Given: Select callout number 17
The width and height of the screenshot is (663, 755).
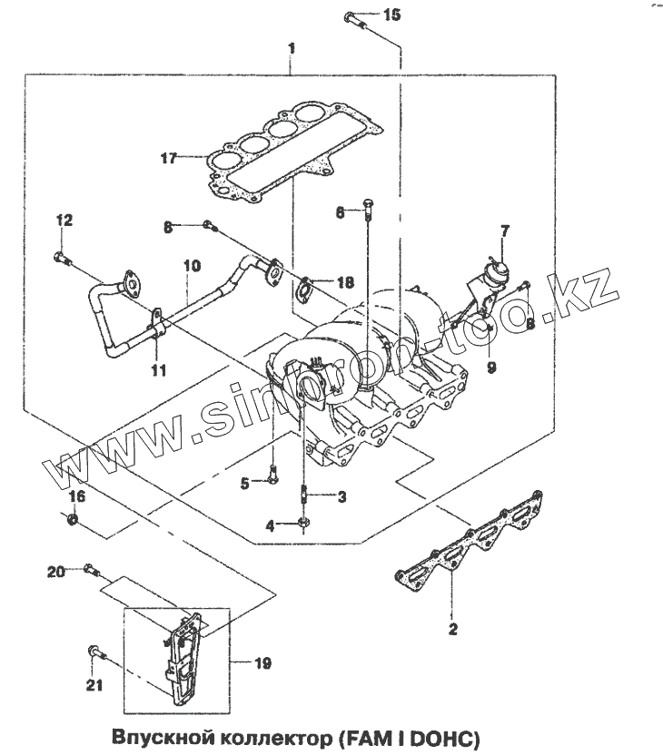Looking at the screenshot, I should pyautogui.click(x=167, y=158).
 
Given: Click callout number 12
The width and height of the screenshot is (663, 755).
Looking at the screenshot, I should pyautogui.click(x=64, y=221).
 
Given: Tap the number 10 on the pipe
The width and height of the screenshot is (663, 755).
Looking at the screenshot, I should pyautogui.click(x=191, y=267).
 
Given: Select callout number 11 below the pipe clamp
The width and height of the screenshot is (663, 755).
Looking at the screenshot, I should pyautogui.click(x=158, y=369).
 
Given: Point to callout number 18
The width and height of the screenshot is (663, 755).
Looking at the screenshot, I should pyautogui.click(x=345, y=282).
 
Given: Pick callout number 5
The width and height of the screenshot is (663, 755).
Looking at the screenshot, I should pyautogui.click(x=244, y=484).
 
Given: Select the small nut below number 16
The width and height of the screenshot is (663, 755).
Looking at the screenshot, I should pyautogui.click(x=74, y=520).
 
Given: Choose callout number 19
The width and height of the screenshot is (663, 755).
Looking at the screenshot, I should pyautogui.click(x=262, y=663).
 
